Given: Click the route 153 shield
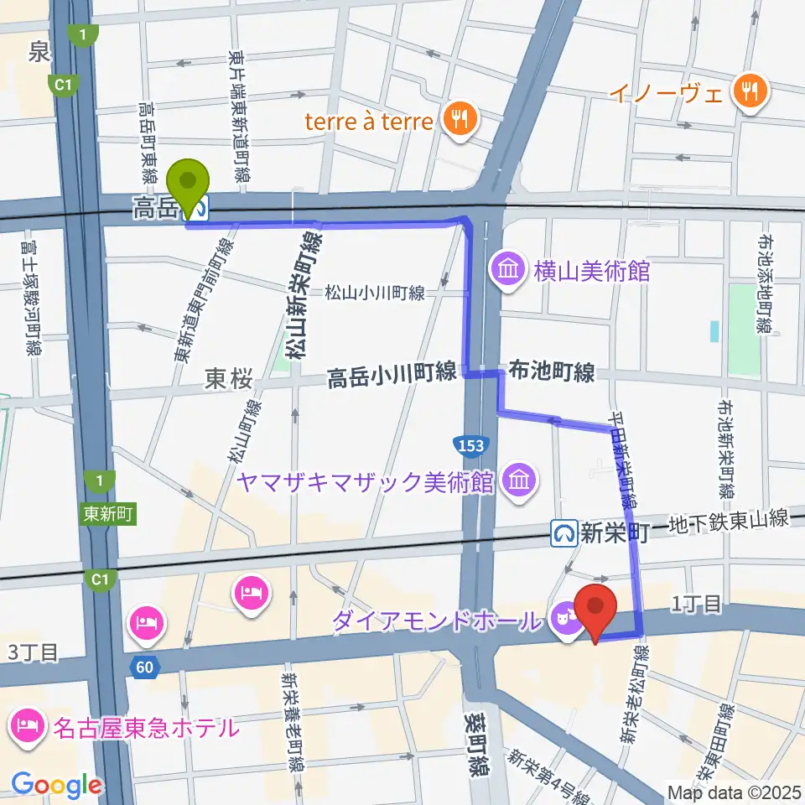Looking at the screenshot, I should [x=471, y=446].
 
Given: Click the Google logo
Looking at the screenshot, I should [x=57, y=786].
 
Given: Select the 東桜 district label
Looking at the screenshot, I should [x=228, y=380].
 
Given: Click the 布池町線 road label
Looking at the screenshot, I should [x=551, y=372].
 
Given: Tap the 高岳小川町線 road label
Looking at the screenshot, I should [x=392, y=376].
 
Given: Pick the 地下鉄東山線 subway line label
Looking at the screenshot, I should [x=735, y=521].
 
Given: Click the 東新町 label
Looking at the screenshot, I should [x=109, y=512].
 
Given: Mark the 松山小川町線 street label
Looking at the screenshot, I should [x=376, y=293].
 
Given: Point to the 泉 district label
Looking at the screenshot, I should [x=39, y=54].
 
